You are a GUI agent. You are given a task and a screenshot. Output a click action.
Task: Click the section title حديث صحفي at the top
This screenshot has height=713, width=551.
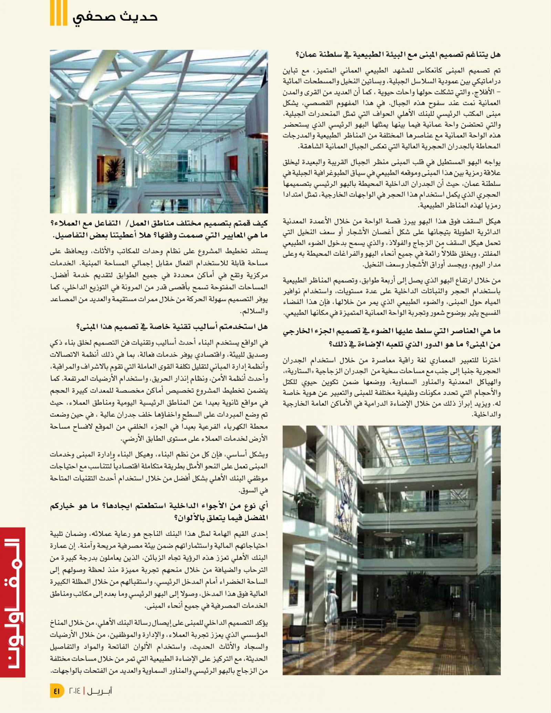click(115, 17)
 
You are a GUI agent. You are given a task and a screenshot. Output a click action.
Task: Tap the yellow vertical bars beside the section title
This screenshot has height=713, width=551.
click(58, 13)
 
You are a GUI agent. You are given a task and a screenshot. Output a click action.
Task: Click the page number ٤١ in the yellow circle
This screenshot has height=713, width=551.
click(57, 690)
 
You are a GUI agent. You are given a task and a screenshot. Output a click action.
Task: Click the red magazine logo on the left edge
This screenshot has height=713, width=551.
click(13, 602)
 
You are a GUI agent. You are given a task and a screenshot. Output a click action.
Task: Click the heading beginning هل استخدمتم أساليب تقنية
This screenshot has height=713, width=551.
click(172, 327)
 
